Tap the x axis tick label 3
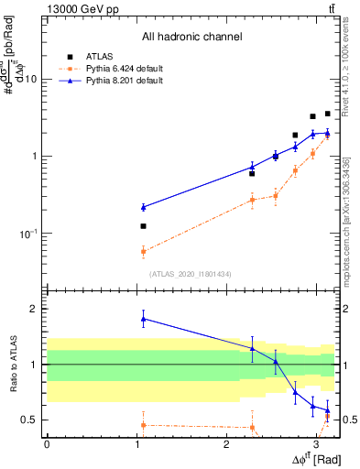(x=315, y=444)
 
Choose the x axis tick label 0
(x=47, y=444)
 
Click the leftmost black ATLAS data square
(x=143, y=225)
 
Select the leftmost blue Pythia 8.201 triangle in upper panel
(x=143, y=208)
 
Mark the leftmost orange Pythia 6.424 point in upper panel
(x=143, y=250)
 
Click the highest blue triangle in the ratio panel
(x=143, y=319)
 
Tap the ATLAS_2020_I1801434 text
(x=191, y=273)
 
